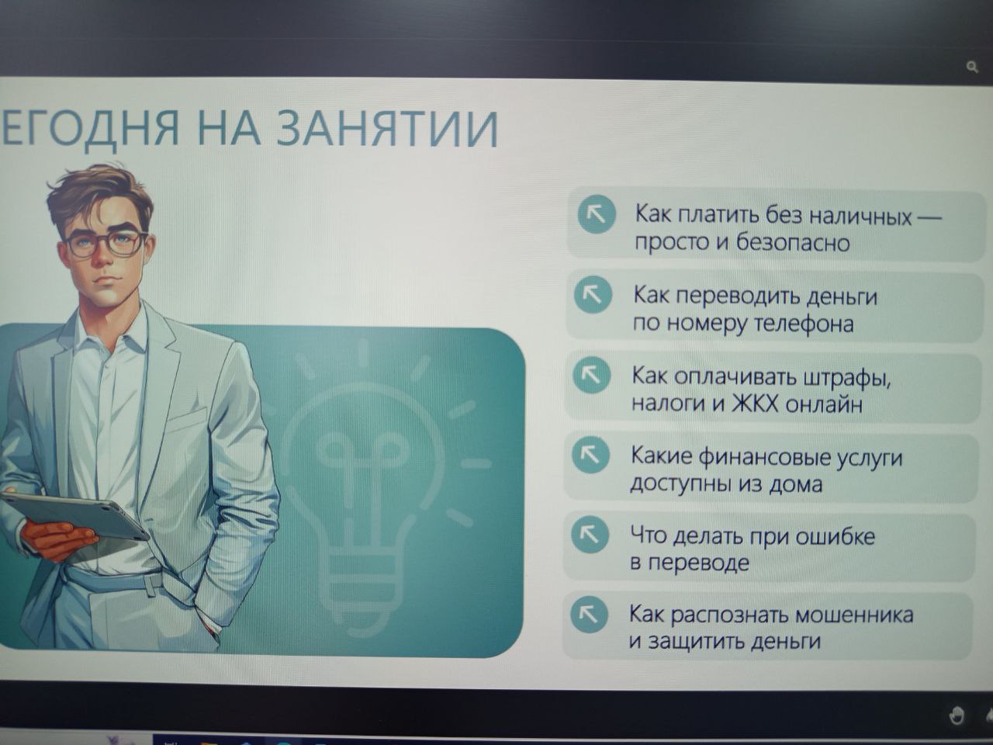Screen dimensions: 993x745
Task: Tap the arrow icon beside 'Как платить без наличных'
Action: pos(597,214)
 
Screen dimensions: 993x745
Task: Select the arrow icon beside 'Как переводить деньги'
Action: pos(593,295)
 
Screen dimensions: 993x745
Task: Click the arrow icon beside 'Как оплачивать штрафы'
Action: pos(591,375)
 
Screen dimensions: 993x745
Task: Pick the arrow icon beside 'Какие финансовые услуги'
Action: pos(590,455)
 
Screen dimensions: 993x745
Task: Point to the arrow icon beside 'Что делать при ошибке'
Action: pos(590,535)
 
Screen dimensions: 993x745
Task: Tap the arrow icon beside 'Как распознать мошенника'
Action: pos(589,615)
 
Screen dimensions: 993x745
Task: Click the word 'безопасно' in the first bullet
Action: pos(793,243)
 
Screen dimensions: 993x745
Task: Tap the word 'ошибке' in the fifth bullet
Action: pos(835,537)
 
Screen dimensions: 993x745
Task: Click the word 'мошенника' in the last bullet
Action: pos(854,615)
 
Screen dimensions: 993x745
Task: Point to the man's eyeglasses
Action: pos(105,244)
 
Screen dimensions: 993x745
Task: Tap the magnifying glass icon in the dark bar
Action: pos(972,68)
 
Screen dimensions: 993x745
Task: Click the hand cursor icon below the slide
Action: pos(957,716)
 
